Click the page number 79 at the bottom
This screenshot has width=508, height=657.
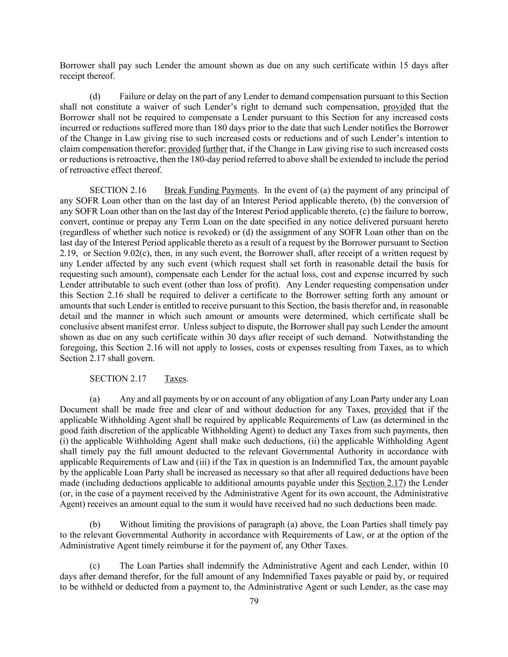(x=254, y=601)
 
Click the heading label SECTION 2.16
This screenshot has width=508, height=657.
(x=118, y=190)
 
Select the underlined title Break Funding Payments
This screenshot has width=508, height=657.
(x=210, y=190)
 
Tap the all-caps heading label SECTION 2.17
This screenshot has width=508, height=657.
(x=118, y=379)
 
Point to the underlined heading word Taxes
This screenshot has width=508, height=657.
(x=175, y=379)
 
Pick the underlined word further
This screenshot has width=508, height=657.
(x=215, y=149)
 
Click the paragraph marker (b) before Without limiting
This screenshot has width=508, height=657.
(x=95, y=525)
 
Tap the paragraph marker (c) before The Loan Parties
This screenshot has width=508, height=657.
(x=95, y=566)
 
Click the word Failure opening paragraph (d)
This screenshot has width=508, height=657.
(x=133, y=96)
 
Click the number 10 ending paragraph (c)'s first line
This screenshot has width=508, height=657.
(x=443, y=566)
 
